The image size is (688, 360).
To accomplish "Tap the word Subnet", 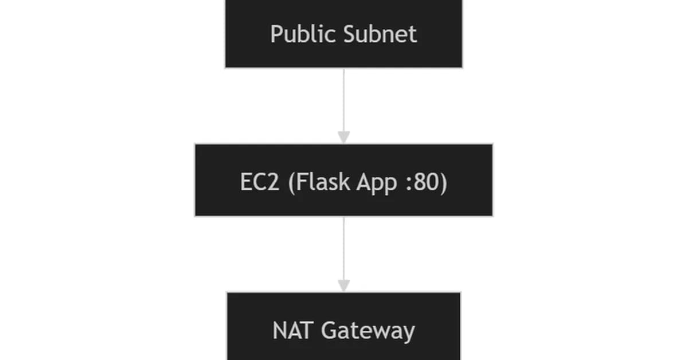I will [381, 34].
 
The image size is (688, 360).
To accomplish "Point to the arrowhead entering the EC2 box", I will [343, 138].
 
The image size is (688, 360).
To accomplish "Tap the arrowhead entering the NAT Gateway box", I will [343, 285].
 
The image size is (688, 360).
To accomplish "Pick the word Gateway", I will [368, 331].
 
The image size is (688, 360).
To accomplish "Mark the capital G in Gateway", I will [327, 331].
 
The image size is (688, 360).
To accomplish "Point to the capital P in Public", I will [276, 34].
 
